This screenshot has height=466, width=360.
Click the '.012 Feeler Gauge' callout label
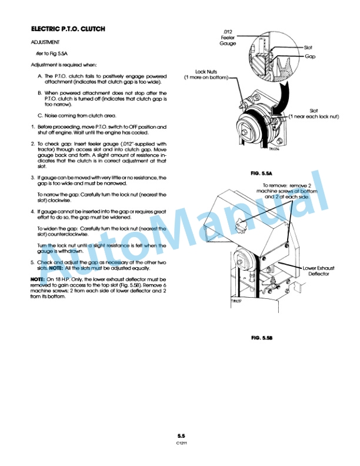(x=228, y=37)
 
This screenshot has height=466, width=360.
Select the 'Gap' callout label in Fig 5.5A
(x=311, y=56)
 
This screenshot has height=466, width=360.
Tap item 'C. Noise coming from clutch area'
(x=77, y=115)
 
